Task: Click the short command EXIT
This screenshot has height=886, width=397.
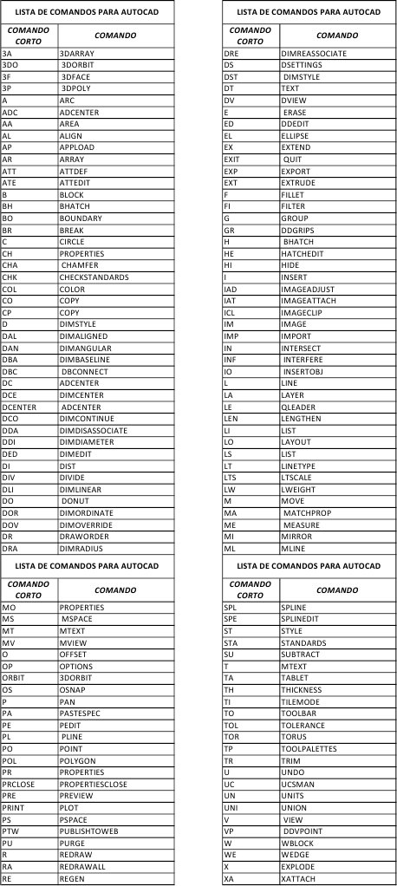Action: (231, 160)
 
